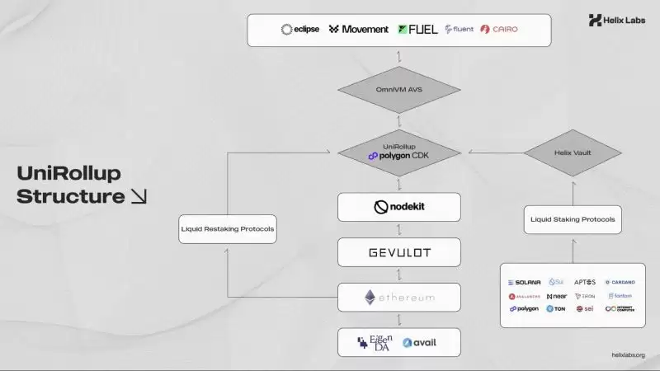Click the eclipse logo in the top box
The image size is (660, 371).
click(x=299, y=30)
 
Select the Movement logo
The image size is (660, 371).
click(x=358, y=30)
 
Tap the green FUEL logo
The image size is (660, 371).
click(x=417, y=30)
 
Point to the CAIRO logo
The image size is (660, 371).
click(x=499, y=30)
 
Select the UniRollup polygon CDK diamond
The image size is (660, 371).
click(x=398, y=151)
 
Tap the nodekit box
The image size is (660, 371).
click(x=398, y=207)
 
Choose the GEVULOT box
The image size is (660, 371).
click(x=398, y=251)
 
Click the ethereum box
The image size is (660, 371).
click(x=398, y=297)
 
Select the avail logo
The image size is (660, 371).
click(x=419, y=342)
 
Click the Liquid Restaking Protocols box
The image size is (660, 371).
click(x=227, y=228)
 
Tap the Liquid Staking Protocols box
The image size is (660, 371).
click(x=572, y=219)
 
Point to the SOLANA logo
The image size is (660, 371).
click(x=524, y=282)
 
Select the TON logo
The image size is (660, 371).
click(x=555, y=309)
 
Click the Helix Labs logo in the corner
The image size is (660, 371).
click(x=618, y=21)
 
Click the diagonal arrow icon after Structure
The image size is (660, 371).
click(x=139, y=197)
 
